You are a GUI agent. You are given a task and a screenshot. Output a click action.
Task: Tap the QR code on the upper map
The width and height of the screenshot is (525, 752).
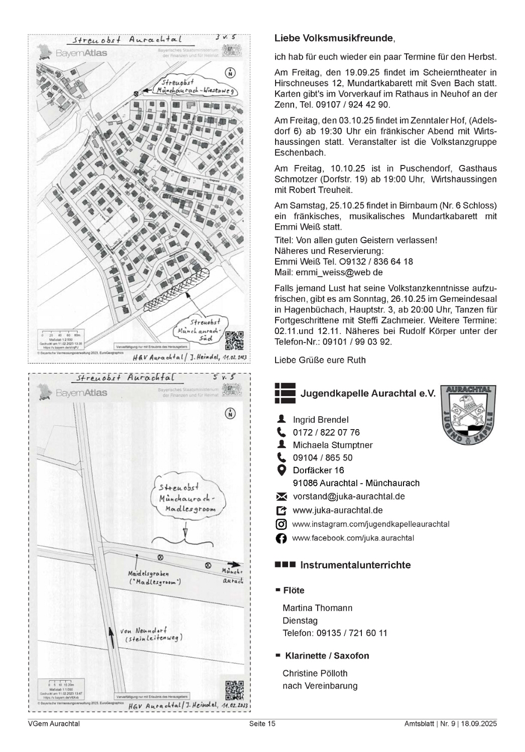[234, 341]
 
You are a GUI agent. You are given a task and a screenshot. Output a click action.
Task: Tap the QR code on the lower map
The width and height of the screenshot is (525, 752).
[234, 690]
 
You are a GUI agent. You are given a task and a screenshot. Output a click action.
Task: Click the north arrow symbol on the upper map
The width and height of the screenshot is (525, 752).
[230, 73]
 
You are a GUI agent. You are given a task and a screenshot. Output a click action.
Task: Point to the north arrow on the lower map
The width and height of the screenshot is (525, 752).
[230, 413]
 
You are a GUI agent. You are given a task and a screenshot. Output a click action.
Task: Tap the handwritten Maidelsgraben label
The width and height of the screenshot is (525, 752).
[148, 578]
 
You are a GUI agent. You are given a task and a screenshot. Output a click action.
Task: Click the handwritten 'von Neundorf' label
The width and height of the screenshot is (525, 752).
[150, 634]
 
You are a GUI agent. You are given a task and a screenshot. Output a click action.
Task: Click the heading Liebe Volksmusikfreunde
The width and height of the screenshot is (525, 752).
[334, 39]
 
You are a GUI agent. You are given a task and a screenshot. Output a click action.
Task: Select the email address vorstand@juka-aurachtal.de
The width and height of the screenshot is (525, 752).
[348, 496]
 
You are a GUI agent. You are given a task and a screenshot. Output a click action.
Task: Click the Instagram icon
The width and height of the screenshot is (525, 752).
[282, 524]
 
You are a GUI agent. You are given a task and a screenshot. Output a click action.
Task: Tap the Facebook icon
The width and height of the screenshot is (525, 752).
[282, 538]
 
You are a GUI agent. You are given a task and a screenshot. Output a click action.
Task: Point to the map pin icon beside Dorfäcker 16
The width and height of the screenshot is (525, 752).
[282, 470]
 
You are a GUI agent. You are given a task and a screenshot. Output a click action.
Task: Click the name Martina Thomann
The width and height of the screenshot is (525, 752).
[317, 608]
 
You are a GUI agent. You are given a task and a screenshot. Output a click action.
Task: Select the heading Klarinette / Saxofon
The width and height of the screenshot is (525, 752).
[327, 656]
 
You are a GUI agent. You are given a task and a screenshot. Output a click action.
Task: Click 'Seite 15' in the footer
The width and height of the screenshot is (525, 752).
[262, 723]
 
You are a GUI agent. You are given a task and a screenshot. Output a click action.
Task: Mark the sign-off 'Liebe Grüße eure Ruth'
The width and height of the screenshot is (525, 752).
[320, 360]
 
